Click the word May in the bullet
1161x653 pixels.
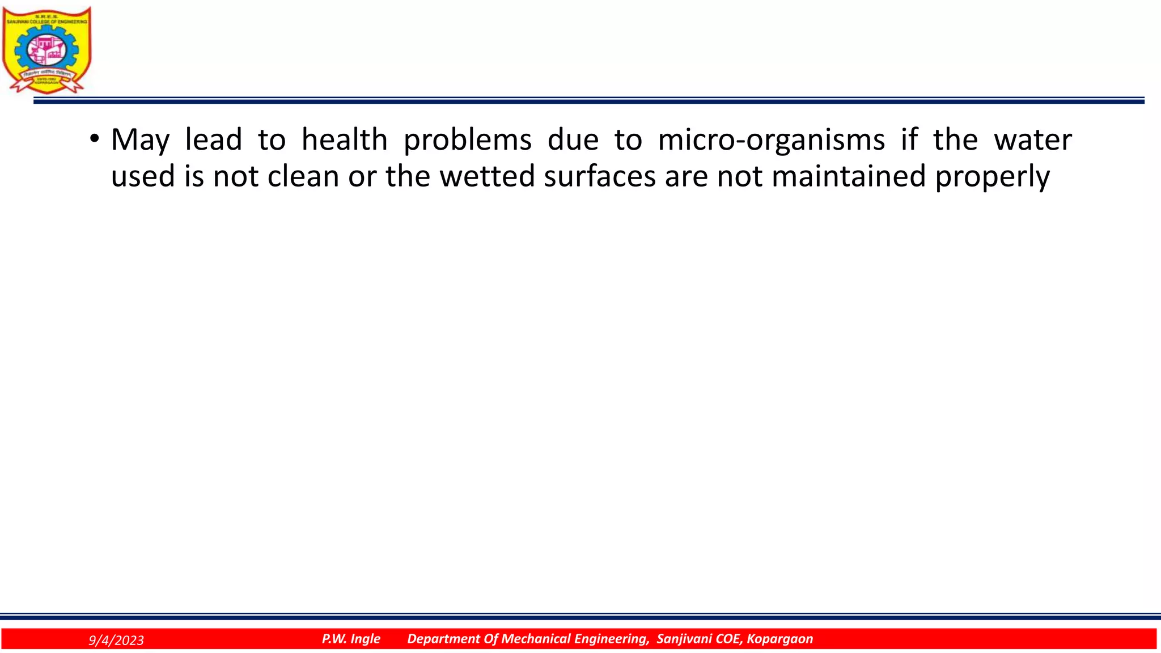pyautogui.click(x=140, y=140)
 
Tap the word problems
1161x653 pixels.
pyautogui.click(x=467, y=140)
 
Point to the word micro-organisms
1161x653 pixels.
pyautogui.click(x=771, y=140)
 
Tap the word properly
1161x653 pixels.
pyautogui.click(x=992, y=177)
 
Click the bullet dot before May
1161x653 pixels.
pyautogui.click(x=94, y=138)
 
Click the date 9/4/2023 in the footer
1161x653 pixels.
pyautogui.click(x=116, y=641)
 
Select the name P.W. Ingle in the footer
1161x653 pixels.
pyautogui.click(x=351, y=639)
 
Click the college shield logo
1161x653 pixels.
pyautogui.click(x=46, y=50)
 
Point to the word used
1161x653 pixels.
pyautogui.click(x=142, y=176)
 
